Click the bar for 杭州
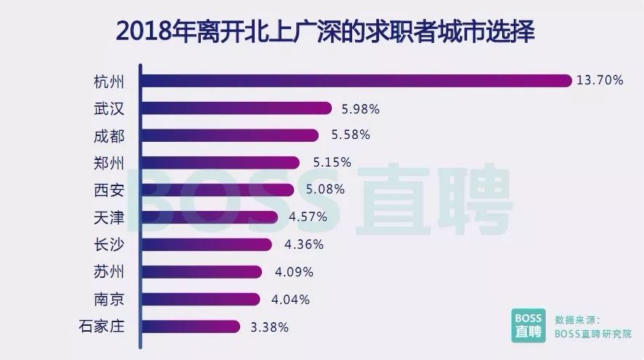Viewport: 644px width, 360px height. pos(357,81)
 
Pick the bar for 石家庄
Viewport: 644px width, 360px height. pos(191,327)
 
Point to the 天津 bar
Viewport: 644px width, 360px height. pos(210,217)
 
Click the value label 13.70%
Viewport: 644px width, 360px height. pos(600,81)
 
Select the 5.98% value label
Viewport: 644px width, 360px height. pos(361,108)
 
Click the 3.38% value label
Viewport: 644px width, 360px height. pos(269,327)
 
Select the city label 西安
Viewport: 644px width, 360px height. pos(109,190)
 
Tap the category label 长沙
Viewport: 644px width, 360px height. pos(109,244)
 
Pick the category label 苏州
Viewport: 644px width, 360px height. pos(109,272)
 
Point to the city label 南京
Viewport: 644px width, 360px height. pos(109,299)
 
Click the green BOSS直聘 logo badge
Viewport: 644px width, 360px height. pos(526,325)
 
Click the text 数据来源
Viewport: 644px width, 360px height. pos(576,319)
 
